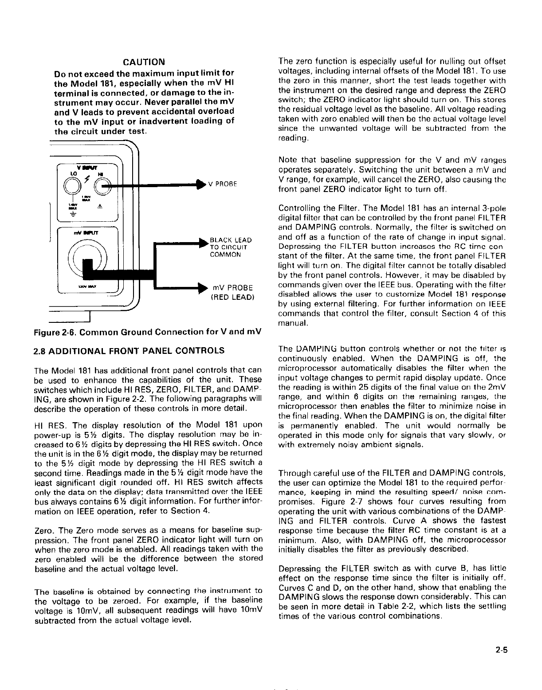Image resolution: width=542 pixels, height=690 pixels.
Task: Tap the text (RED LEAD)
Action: click(231, 297)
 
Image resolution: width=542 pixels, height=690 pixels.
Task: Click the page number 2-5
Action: click(502, 651)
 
